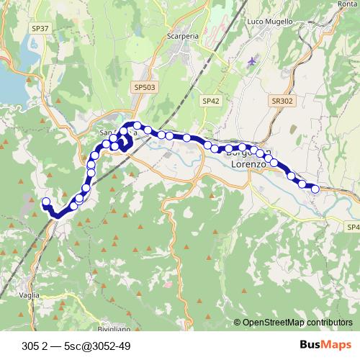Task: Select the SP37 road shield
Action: point(41,29)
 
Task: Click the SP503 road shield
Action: point(144,86)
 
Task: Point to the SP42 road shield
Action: point(211,102)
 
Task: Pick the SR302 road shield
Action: point(283,102)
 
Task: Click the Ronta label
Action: point(348,4)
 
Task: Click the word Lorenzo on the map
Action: point(249,165)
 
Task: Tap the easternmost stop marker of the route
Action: point(315,189)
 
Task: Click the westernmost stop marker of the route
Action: point(46,202)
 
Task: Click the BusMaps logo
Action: point(320,344)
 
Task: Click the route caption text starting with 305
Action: point(76,344)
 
